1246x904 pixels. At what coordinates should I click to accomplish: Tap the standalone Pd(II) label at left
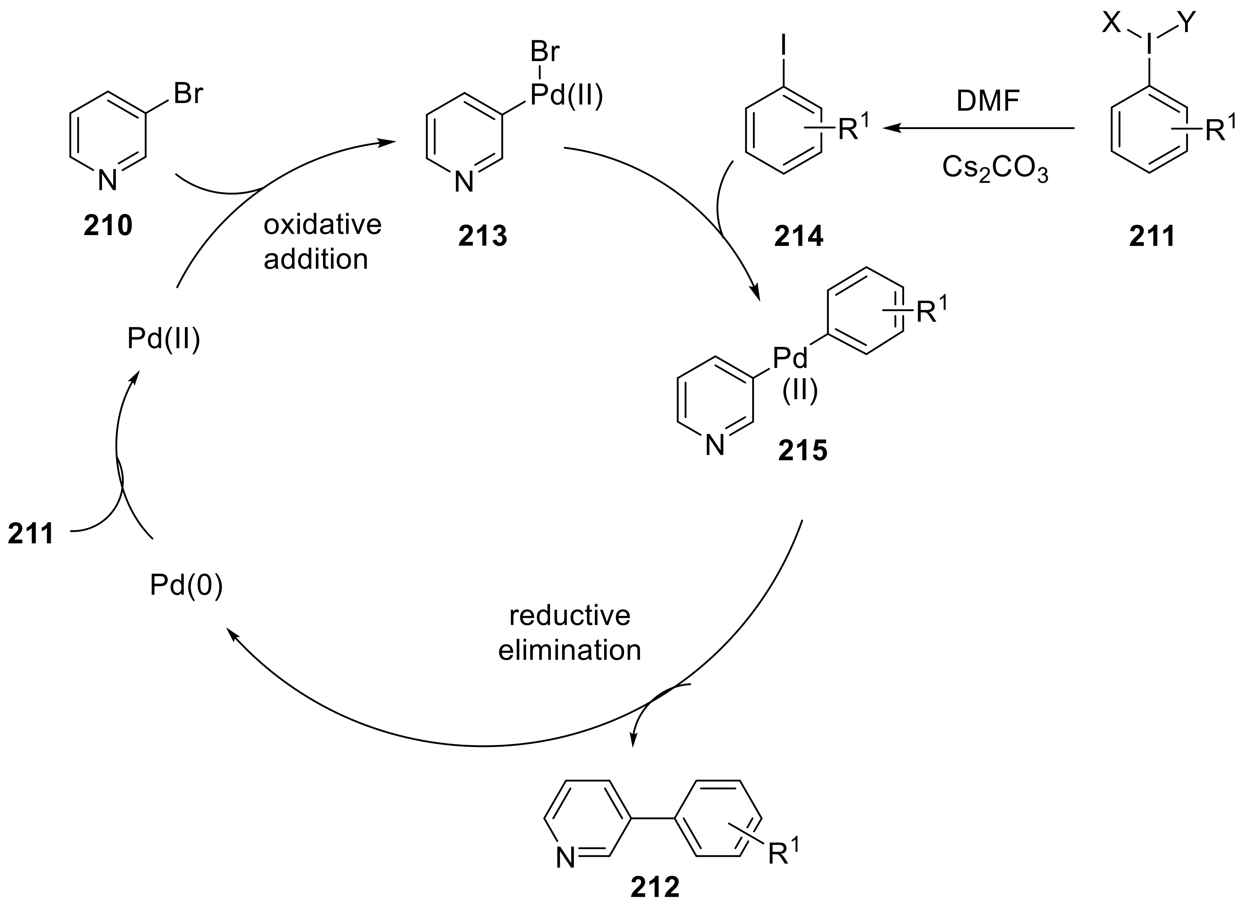coord(164,339)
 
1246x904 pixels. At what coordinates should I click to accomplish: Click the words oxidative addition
coord(322,242)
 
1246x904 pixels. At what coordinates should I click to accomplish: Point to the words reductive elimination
coord(570,633)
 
